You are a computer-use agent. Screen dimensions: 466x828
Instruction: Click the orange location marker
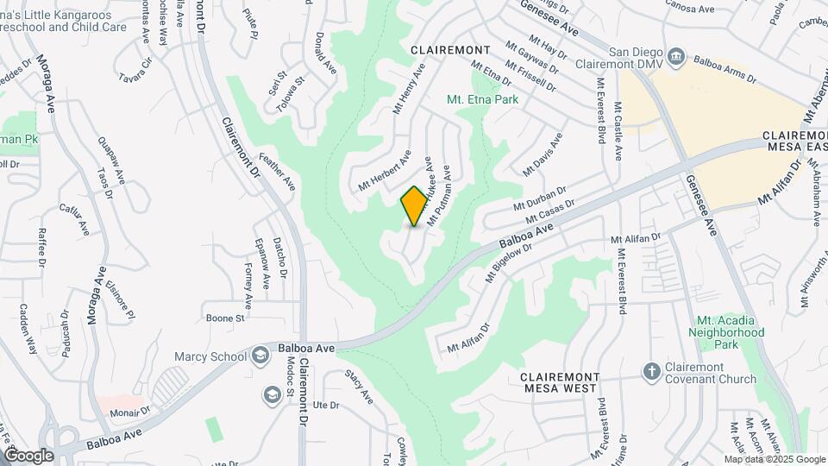coord(414,205)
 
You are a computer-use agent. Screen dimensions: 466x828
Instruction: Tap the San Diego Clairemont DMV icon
coord(679,56)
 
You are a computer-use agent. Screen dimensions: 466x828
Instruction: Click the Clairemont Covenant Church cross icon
coord(653,371)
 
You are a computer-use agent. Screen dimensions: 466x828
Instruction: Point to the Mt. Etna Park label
coord(483,100)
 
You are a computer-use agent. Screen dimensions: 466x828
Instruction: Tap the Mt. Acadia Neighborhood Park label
coord(727,332)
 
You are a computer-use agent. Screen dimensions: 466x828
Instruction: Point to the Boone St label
coord(225,318)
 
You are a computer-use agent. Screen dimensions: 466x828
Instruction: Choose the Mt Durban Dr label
coord(540,200)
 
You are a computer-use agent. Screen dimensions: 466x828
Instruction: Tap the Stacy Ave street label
coord(359,387)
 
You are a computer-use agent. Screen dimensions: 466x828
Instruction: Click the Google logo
coord(29,456)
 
